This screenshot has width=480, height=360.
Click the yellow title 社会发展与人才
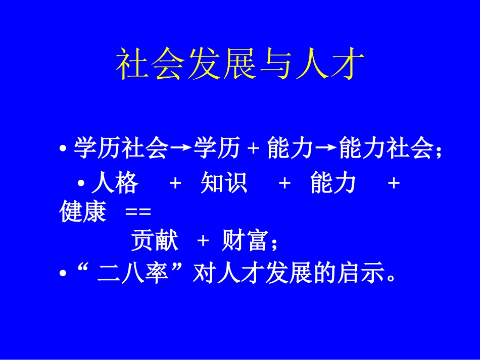point(240,64)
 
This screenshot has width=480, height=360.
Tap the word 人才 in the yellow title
point(330,64)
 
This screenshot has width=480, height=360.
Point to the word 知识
point(224,183)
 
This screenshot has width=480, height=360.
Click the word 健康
point(83,211)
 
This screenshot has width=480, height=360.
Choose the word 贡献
point(155,240)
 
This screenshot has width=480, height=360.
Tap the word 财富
point(245,240)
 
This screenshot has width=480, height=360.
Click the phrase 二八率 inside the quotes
point(133,272)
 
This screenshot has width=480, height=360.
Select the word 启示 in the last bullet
point(361,272)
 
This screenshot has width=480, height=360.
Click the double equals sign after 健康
point(138,212)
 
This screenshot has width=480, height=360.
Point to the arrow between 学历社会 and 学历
point(181,148)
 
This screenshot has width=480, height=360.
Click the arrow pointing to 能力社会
point(326,148)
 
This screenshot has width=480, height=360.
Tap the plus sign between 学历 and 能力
point(254,148)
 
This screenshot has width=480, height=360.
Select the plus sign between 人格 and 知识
point(175,183)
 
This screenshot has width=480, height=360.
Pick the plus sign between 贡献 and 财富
point(203,241)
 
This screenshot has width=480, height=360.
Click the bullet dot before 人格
point(81,183)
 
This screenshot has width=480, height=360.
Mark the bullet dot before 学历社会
point(63,149)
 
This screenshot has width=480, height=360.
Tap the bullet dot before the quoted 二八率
point(63,273)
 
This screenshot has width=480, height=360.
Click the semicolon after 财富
point(274,244)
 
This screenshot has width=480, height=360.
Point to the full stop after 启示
point(391,278)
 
